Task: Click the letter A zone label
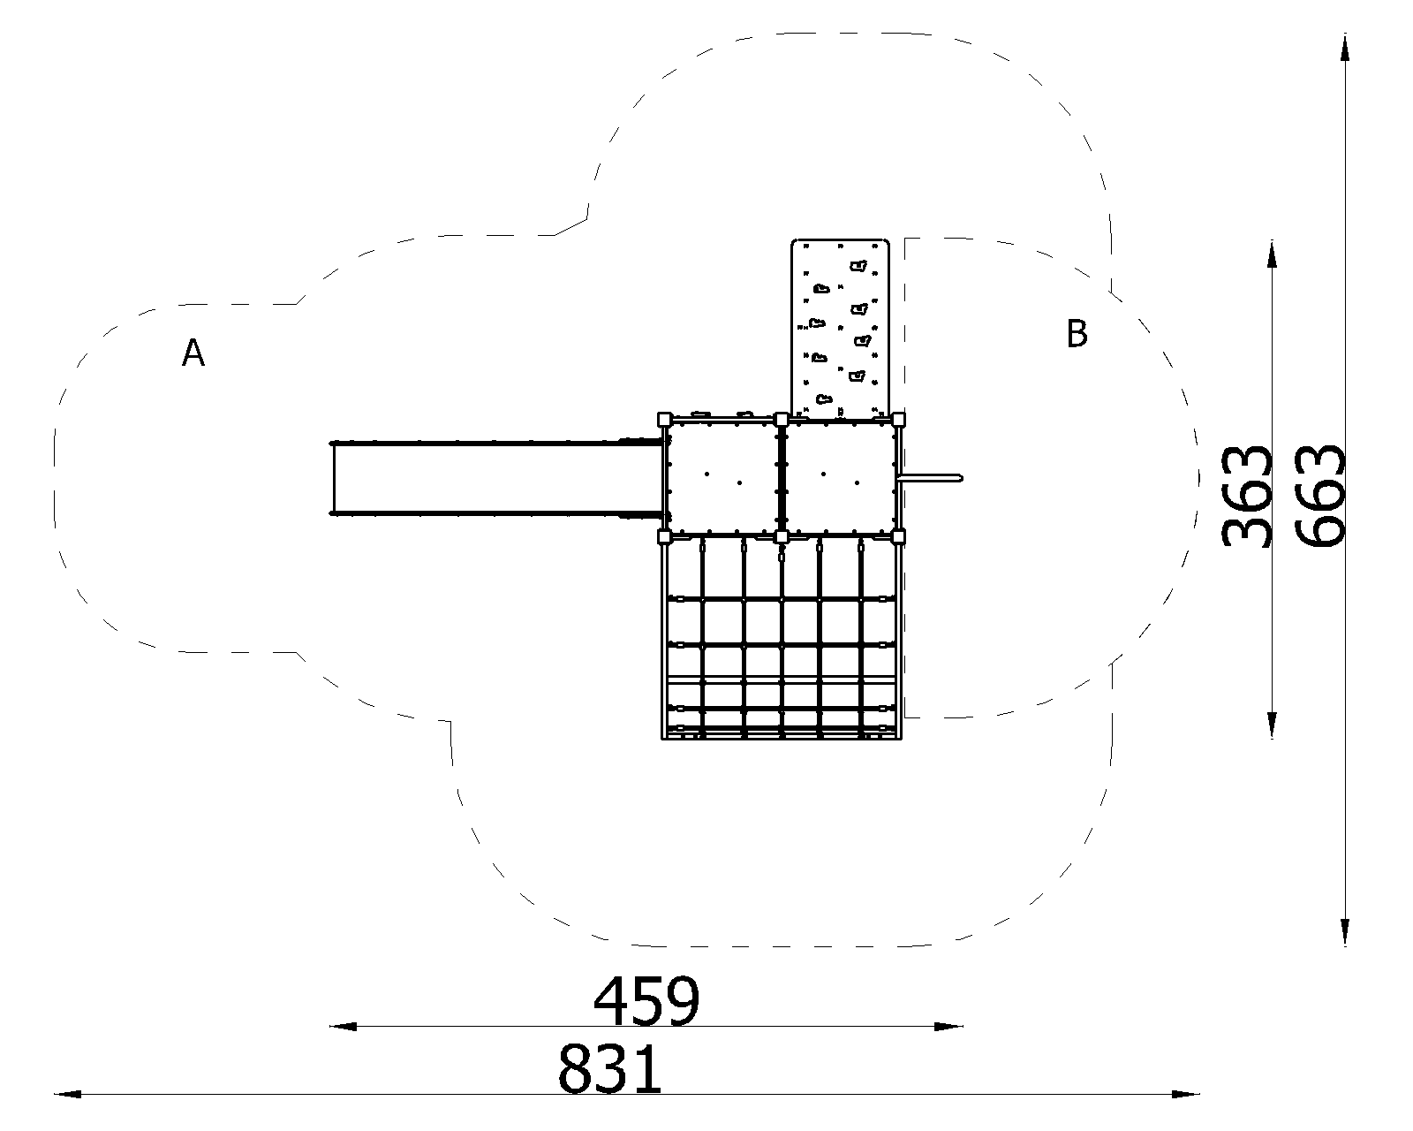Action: coord(193,353)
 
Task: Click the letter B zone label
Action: coord(1077,333)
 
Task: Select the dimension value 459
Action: coord(646,1001)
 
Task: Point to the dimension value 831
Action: coord(610,1069)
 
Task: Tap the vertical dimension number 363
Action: coord(1246,497)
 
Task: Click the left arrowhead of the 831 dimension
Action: coord(68,1095)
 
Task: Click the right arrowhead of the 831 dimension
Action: coord(1186,1095)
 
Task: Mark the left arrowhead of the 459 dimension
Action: coord(343,1027)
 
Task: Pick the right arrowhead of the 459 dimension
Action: coord(949,1027)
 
